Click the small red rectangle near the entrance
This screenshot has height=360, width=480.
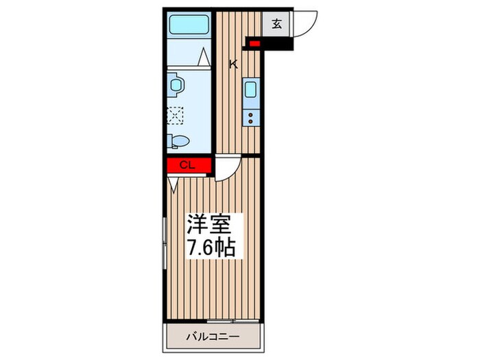[255, 45]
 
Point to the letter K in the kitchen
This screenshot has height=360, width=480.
[233, 64]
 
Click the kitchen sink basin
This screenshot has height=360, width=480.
[252, 90]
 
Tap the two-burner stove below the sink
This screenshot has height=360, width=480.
[252, 116]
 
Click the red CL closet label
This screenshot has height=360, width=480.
[188, 165]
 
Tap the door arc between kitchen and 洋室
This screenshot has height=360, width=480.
[226, 169]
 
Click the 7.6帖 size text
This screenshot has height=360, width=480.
[213, 247]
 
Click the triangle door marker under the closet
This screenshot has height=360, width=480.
[173, 182]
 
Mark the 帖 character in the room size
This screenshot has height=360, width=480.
[227, 247]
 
